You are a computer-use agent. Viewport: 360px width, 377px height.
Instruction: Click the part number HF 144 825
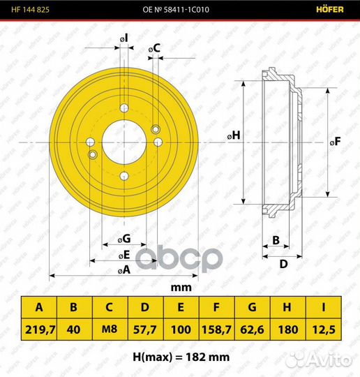(x=30, y=10)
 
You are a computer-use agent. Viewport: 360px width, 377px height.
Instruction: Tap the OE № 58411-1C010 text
(x=176, y=10)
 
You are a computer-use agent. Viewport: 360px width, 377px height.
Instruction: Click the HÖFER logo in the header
(x=330, y=9)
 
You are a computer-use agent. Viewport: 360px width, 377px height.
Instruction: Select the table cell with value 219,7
(x=39, y=329)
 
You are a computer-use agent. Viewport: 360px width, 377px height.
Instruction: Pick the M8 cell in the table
(x=110, y=329)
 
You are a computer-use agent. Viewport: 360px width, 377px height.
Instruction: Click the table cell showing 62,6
(x=252, y=329)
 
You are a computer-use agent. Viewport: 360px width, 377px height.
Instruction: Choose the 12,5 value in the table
(x=324, y=329)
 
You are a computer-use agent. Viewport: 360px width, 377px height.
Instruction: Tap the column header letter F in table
(x=216, y=307)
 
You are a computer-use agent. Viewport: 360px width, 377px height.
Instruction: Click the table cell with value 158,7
(x=216, y=329)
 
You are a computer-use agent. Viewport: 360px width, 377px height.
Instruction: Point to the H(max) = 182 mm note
(x=181, y=357)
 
